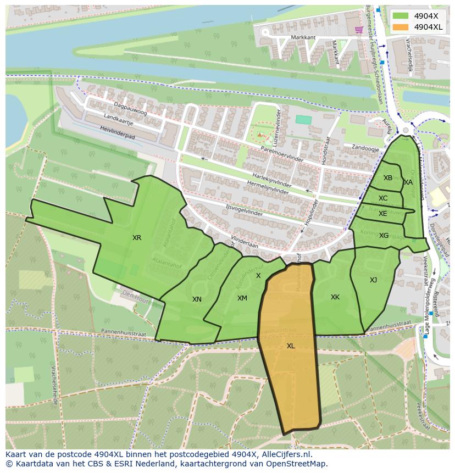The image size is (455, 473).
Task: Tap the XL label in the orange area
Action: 291,346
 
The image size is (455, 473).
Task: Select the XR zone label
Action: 137,238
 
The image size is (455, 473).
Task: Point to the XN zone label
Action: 197,299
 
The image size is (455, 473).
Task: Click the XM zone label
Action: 242,298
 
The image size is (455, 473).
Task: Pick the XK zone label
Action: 335,297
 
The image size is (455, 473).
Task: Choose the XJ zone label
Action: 373,280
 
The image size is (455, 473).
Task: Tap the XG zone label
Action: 384,236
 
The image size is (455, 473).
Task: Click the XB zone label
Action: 388,178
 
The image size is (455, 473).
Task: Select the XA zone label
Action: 408,182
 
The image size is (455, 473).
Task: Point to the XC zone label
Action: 383,198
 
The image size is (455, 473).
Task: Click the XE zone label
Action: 383,214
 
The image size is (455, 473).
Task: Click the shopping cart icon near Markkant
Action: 359,30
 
